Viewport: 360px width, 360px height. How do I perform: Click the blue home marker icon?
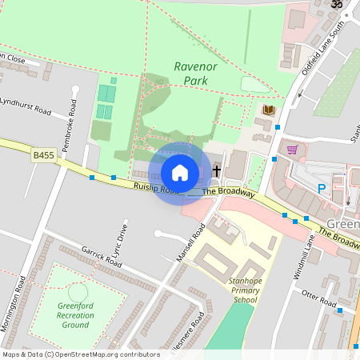[x=180, y=172]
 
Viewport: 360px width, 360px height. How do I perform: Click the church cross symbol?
[x=216, y=170]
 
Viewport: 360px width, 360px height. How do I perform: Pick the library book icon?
[x=268, y=110]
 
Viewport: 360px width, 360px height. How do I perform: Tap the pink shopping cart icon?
[x=292, y=149]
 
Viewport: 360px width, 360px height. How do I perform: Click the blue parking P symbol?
[x=322, y=189]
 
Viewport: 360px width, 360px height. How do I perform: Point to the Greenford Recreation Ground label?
[x=75, y=315]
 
